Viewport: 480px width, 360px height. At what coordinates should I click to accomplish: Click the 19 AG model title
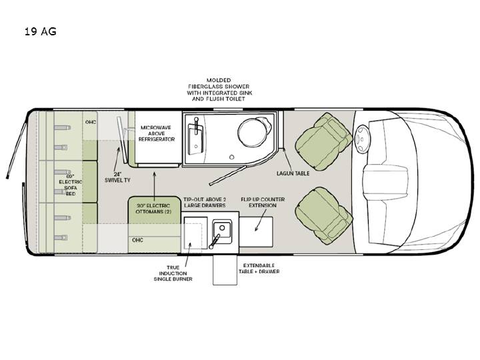41,31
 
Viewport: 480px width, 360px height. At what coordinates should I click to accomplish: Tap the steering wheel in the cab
362,139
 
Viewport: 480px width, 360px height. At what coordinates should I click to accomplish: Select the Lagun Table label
293,173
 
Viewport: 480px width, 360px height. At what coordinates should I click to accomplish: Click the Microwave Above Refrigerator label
157,133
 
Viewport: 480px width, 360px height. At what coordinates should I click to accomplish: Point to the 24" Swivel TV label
117,177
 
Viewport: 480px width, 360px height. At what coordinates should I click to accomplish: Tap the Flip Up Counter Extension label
263,203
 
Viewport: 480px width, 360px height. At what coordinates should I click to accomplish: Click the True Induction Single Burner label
173,273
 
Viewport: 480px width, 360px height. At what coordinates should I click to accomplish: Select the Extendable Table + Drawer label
259,268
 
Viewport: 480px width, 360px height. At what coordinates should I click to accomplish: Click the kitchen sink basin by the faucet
222,229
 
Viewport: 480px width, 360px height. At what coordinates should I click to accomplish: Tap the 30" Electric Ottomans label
153,209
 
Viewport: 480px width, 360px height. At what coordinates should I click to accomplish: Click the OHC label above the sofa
91,122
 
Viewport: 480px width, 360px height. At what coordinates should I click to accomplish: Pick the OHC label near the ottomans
137,240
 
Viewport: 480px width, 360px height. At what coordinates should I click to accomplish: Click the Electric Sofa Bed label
71,185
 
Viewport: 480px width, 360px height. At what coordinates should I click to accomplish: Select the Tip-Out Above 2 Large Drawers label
205,203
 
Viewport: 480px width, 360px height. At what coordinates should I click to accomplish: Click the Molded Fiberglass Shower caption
219,89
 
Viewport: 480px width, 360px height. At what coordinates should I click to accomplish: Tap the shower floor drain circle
232,157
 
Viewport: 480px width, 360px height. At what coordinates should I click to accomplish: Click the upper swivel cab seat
323,142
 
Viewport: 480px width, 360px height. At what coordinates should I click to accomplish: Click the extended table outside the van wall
225,269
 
